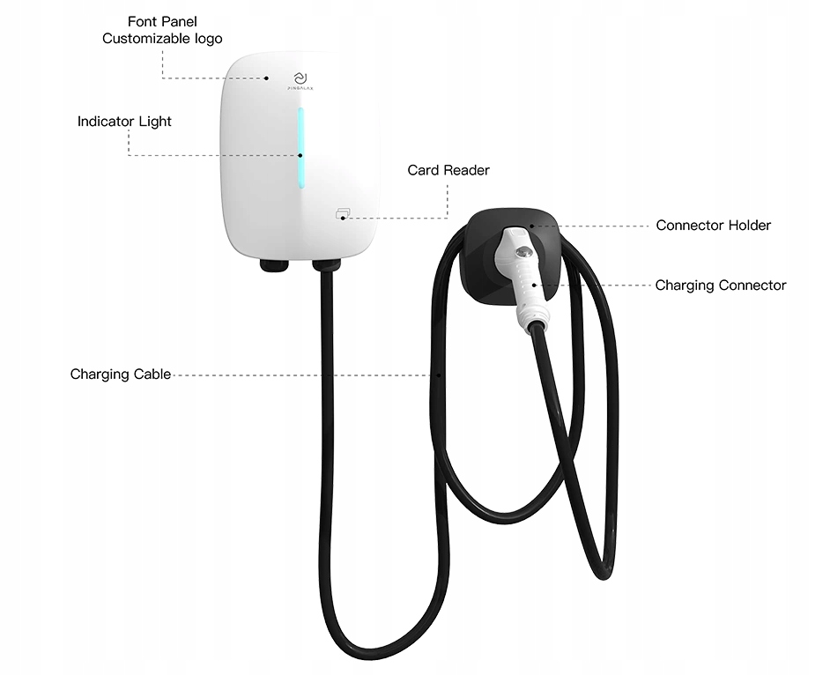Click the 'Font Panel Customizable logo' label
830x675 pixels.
[162, 30]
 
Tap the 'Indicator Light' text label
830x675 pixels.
[124, 121]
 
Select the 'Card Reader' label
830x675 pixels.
[448, 170]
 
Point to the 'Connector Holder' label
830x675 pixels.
[713, 226]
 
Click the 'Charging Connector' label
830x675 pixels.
[720, 286]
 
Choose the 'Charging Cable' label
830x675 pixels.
[121, 375]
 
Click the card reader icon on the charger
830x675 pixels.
[342, 212]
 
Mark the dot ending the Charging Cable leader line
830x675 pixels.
[438, 375]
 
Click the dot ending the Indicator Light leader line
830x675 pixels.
[300, 155]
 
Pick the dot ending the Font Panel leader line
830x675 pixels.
[266, 78]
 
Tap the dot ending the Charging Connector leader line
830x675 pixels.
[532, 286]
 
